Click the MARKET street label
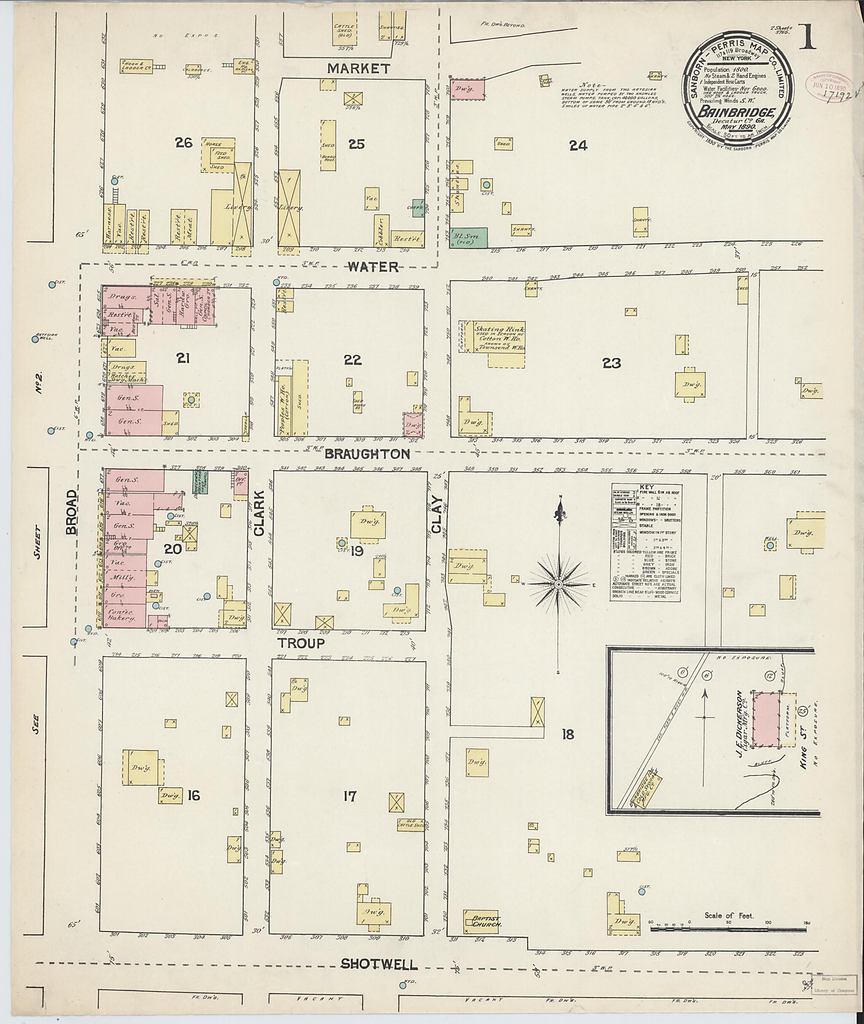click(x=359, y=69)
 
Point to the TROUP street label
click(x=301, y=643)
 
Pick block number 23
click(x=612, y=363)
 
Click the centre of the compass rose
click(x=559, y=585)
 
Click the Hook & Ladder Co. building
click(x=136, y=66)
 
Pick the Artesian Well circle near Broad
click(x=35, y=339)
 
